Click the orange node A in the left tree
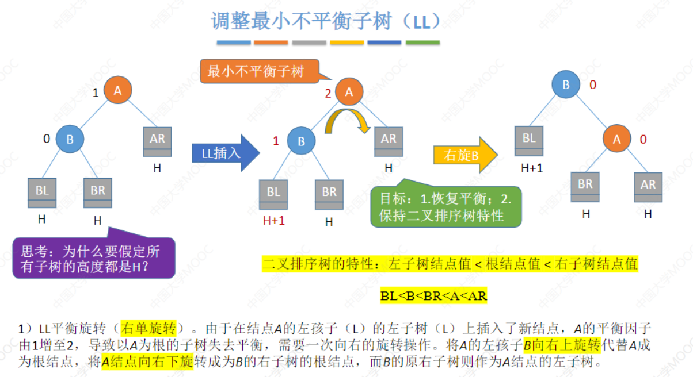(x=118, y=90)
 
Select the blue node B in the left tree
(x=70, y=139)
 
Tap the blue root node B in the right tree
(x=566, y=84)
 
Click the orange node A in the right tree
(x=617, y=139)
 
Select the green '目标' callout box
(x=445, y=206)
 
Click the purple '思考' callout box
(x=93, y=258)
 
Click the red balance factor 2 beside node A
(x=328, y=94)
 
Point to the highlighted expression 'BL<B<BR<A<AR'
(x=433, y=295)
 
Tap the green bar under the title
(x=422, y=43)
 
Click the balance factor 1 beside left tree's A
(x=96, y=92)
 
